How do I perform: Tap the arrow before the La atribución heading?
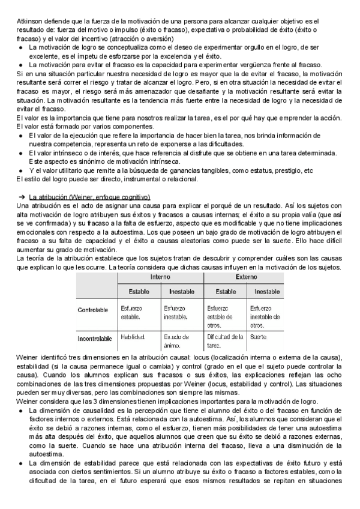(20, 197)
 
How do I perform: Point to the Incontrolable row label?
(95, 339)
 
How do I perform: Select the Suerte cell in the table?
(259, 337)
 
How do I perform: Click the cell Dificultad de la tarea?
(224, 340)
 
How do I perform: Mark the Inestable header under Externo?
(265, 292)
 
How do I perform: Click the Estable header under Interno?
(139, 292)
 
